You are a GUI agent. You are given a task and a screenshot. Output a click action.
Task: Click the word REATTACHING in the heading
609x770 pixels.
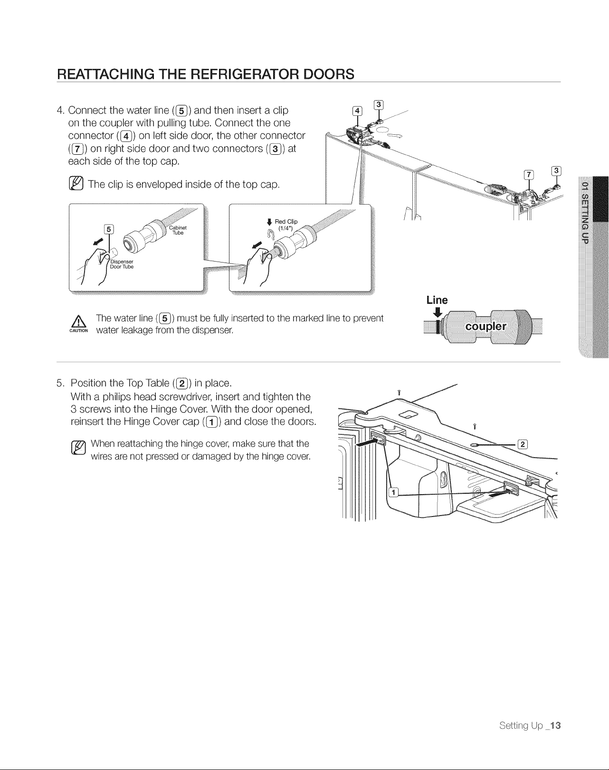click(106, 74)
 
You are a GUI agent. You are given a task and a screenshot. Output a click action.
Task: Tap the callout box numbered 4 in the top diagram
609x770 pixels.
click(357, 111)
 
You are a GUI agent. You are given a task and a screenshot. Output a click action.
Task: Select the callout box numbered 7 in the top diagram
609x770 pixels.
click(528, 175)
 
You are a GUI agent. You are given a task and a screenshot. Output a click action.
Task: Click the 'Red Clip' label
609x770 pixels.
click(286, 222)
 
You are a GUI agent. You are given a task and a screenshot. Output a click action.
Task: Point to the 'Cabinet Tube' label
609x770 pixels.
click(178, 230)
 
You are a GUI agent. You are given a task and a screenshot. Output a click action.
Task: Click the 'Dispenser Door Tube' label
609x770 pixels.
click(122, 264)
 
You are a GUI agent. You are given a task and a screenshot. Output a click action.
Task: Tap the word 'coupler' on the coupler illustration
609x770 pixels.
click(485, 326)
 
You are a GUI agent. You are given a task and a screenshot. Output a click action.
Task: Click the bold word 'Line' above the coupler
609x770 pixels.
click(437, 300)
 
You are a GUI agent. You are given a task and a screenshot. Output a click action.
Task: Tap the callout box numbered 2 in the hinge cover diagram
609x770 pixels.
click(523, 444)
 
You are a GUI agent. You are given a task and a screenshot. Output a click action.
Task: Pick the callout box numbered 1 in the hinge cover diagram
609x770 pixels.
click(393, 492)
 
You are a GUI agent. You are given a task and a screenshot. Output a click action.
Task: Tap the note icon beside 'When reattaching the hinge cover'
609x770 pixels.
click(78, 448)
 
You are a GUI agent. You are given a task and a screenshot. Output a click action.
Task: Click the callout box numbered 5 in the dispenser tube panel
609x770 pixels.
click(108, 229)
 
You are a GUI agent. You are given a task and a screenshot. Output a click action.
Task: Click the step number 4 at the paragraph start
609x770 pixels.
click(60, 110)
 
